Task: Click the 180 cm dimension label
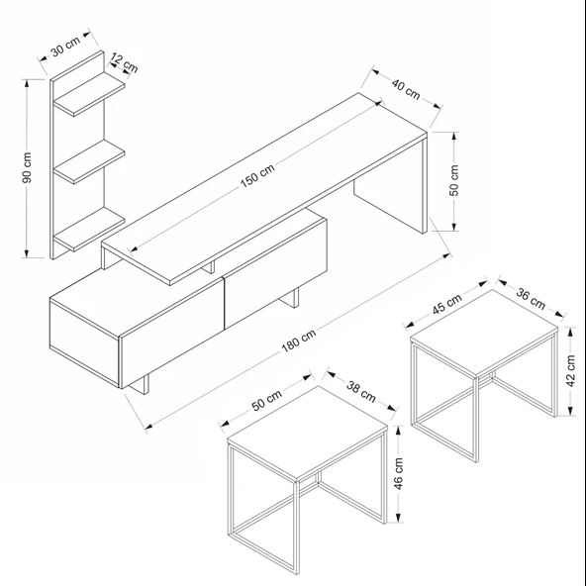pos(298,341)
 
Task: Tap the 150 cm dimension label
pos(257,175)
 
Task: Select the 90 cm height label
pos(27,168)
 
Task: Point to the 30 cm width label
pos(65,47)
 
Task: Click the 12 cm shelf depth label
pos(125,63)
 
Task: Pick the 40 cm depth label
pos(406,89)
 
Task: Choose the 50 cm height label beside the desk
pos(453,180)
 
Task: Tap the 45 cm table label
pos(447,304)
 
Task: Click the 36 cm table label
pos(531,299)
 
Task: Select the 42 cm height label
pos(571,371)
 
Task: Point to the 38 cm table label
pos(360,392)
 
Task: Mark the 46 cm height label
pos(398,473)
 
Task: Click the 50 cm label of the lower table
pos(266,401)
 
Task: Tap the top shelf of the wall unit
pos(89,94)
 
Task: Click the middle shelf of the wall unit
pos(89,161)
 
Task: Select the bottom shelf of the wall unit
pos(89,229)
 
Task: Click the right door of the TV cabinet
pos(275,273)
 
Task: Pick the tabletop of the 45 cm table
pos(484,333)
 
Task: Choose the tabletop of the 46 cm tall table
pos(307,434)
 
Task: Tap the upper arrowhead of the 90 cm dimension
pos(27,83)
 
